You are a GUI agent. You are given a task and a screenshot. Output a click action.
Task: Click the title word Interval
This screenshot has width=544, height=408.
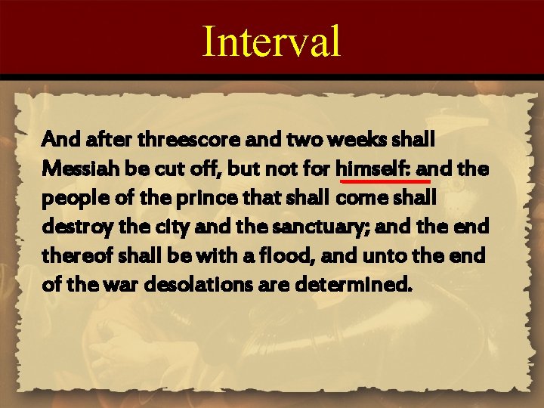tap(272, 42)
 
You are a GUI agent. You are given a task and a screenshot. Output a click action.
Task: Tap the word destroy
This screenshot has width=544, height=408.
tap(72, 227)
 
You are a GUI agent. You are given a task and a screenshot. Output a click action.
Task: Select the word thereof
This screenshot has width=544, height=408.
tap(74, 255)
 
